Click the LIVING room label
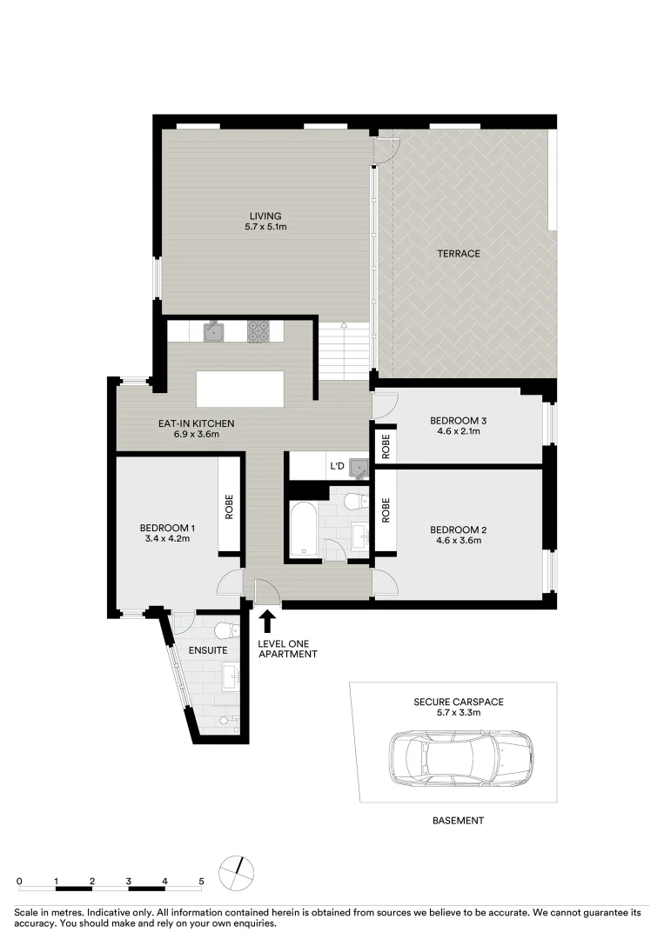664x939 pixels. (265, 216)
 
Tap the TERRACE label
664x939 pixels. (459, 254)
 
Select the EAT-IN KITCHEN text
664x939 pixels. (196, 423)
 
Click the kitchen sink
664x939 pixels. (213, 330)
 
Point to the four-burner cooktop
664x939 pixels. (258, 331)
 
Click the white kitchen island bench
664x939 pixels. (239, 389)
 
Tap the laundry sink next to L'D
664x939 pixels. (359, 469)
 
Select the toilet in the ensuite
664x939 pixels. (226, 630)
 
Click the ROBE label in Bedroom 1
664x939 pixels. (228, 507)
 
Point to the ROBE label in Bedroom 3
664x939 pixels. (386, 446)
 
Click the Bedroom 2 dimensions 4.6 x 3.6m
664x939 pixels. (459, 540)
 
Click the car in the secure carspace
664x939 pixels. (460, 756)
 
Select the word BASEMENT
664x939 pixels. (458, 821)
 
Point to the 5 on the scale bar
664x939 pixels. (201, 881)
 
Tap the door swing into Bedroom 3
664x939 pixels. (386, 405)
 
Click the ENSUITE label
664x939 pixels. (208, 650)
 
